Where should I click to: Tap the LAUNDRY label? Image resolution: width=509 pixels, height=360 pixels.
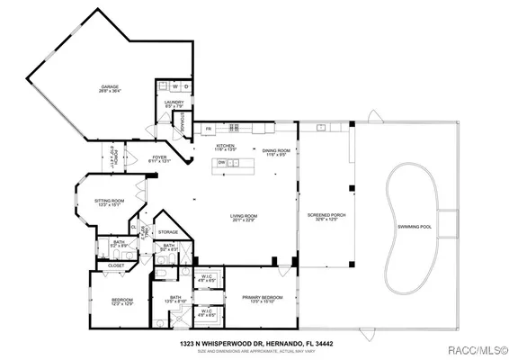[174, 103]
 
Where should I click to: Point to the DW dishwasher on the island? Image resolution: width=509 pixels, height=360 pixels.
[220, 163]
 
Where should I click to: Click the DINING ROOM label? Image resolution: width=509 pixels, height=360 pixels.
[275, 152]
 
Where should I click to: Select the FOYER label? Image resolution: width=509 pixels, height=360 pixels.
[159, 158]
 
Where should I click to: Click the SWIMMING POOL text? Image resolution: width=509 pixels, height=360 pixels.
[415, 226]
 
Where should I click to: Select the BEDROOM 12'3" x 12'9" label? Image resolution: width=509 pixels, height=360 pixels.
[121, 301]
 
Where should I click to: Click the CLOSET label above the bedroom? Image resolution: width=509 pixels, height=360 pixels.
[116, 265]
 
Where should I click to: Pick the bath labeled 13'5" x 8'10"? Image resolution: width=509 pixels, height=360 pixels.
[175, 300]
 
